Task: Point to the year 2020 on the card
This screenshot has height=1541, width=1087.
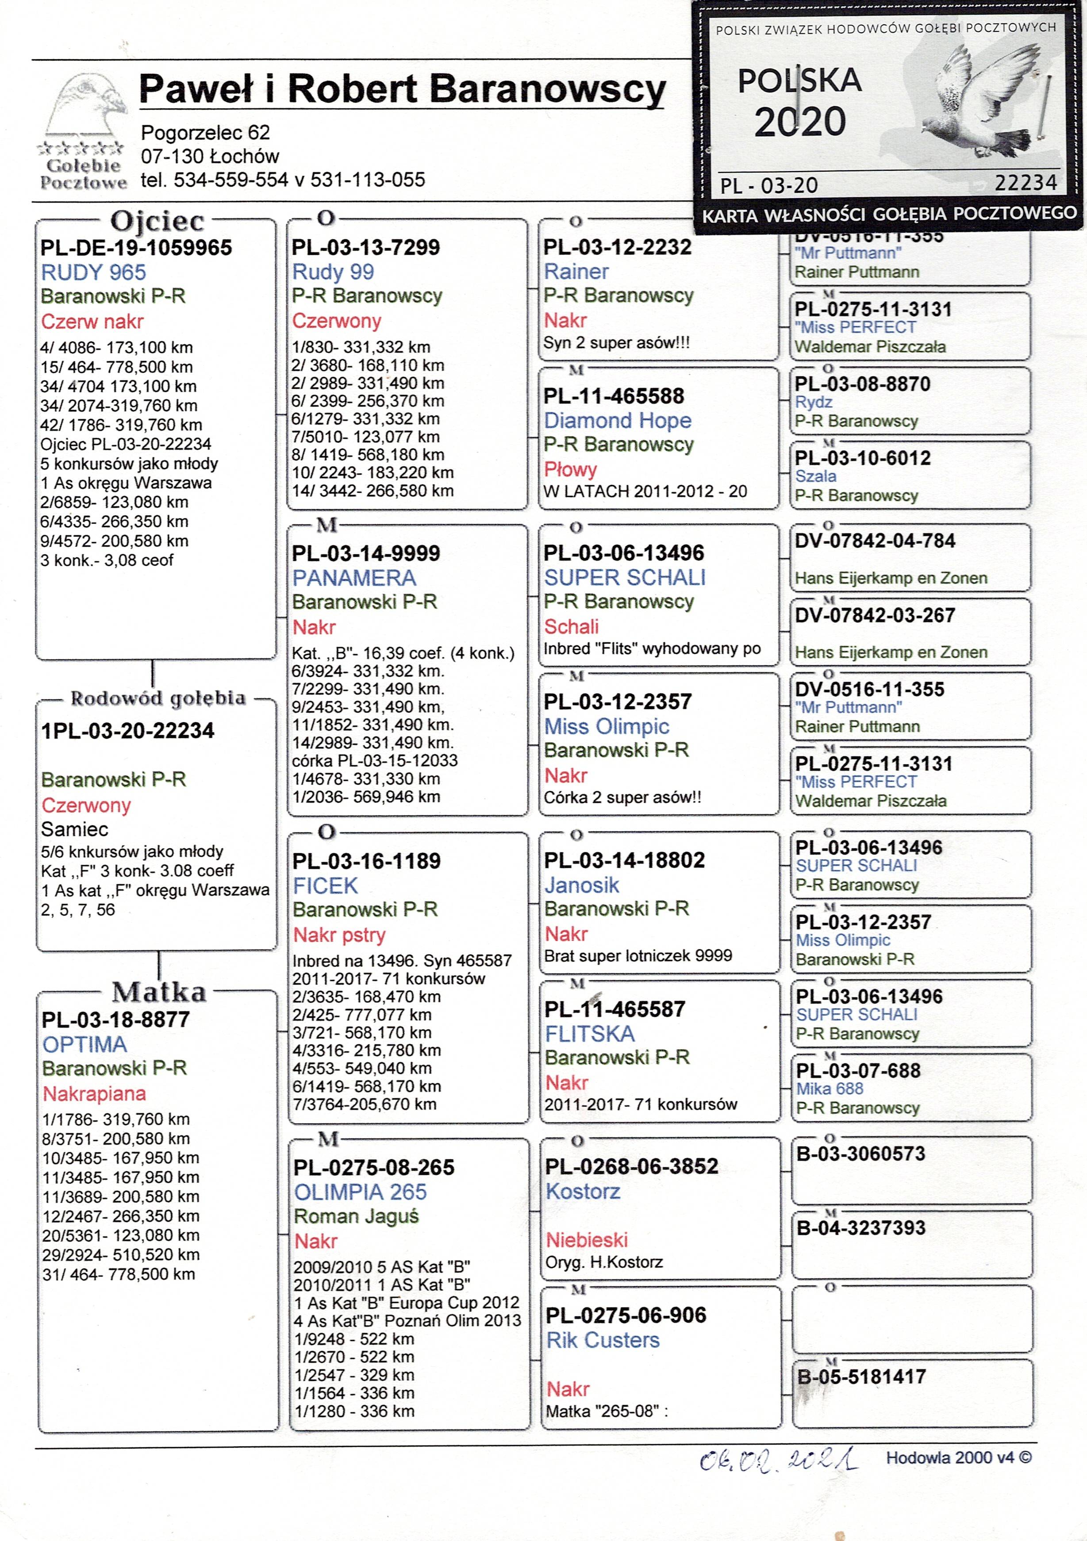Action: [x=799, y=122]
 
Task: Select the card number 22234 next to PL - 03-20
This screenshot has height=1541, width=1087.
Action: [x=1025, y=183]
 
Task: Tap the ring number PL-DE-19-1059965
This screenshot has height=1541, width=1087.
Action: [x=136, y=248]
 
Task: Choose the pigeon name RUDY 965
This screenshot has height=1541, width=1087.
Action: [x=93, y=272]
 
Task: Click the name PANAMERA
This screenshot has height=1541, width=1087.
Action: [x=354, y=578]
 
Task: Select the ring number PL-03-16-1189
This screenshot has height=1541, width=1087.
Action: [x=366, y=861]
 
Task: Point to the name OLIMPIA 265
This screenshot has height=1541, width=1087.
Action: [x=360, y=1192]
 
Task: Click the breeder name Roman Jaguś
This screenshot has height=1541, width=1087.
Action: [x=356, y=1216]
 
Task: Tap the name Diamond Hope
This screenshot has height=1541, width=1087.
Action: [x=617, y=421]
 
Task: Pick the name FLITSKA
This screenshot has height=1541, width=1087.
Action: [x=589, y=1034]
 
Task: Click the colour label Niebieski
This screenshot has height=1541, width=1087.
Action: [x=586, y=1240]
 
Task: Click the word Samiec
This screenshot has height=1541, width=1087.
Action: [x=74, y=830]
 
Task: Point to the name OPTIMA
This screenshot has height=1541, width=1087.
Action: [x=85, y=1044]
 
